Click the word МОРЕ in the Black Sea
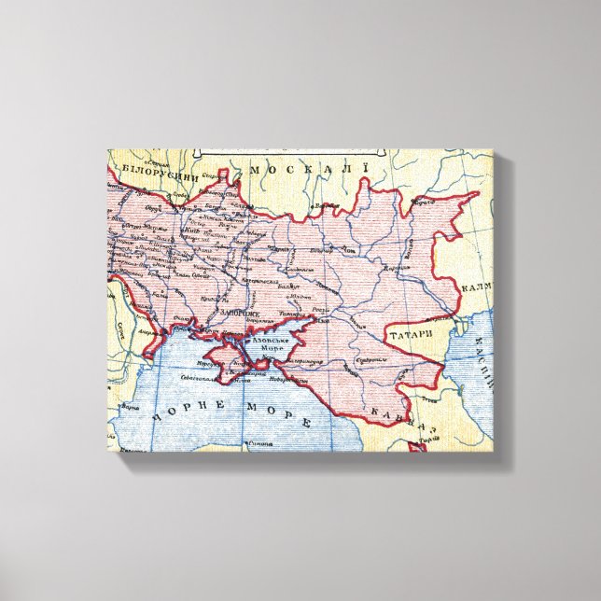click(277, 415)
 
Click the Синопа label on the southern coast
click(260, 442)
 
